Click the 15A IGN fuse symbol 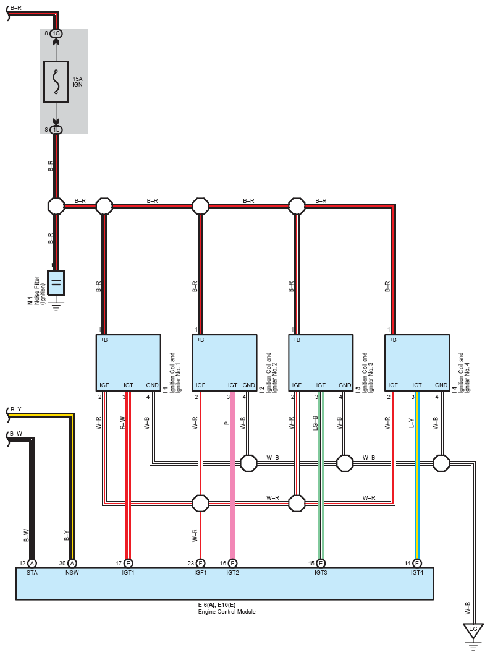pyautogui.click(x=56, y=82)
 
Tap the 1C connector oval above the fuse pyautogui.click(x=56, y=33)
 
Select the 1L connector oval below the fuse pyautogui.click(x=56, y=130)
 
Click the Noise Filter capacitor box pyautogui.click(x=56, y=283)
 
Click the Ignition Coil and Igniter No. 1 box pyautogui.click(x=128, y=363)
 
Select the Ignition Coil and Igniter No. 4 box pyautogui.click(x=416, y=363)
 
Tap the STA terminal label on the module pyautogui.click(x=32, y=573)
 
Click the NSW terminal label pyautogui.click(x=72, y=573)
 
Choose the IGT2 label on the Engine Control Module pyautogui.click(x=233, y=573)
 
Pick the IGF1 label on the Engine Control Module pyautogui.click(x=200, y=573)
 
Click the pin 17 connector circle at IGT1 pyautogui.click(x=128, y=564)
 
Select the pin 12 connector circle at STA pyautogui.click(x=32, y=564)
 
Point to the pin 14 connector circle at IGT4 pyautogui.click(x=416, y=564)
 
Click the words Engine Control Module pyautogui.click(x=226, y=612)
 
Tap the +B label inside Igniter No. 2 pyautogui.click(x=200, y=340)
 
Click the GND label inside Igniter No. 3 pyautogui.click(x=345, y=385)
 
